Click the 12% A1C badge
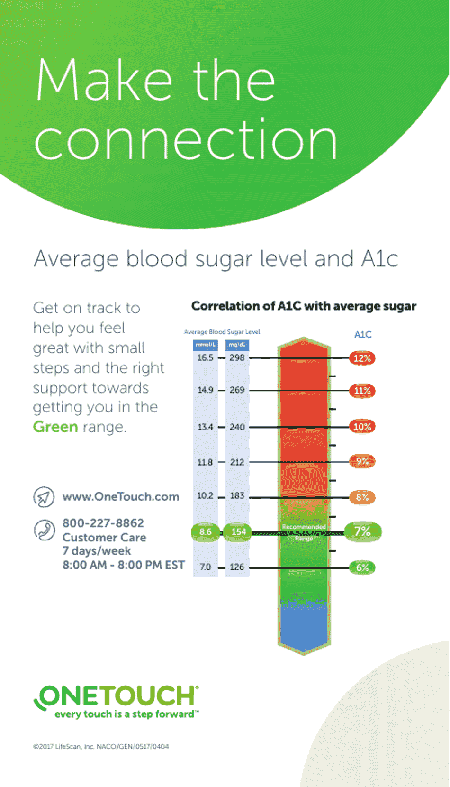tap(362, 358)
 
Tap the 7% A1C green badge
tap(362, 531)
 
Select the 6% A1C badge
tap(362, 567)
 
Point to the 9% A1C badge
tap(362, 461)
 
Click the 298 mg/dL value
tap(237, 357)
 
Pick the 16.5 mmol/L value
tap(205, 357)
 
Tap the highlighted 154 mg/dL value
tap(238, 532)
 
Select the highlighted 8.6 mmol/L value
tap(205, 532)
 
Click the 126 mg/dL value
tap(237, 567)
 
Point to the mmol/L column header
tap(205, 345)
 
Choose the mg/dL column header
tap(237, 345)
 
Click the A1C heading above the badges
tap(363, 334)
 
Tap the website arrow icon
tap(44, 497)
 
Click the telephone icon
tap(44, 530)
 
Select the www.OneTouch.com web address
tap(121, 497)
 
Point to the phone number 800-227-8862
tap(103, 523)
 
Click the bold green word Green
tap(55, 427)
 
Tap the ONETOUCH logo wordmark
tap(117, 696)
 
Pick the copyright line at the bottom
tap(101, 746)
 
